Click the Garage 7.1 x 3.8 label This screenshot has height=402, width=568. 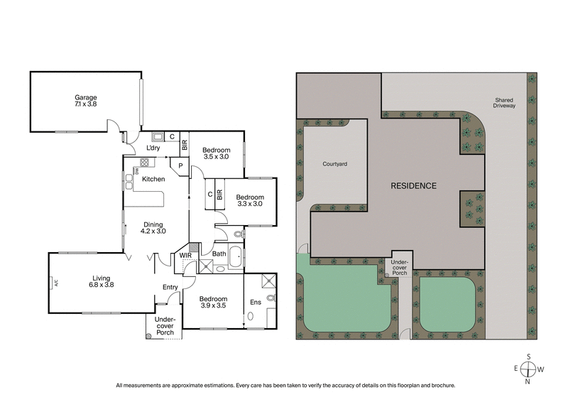86,102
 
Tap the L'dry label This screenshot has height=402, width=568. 153,148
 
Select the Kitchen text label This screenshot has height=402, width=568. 153,179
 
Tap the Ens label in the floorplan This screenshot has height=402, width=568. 256,302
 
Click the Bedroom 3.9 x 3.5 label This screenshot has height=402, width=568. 213,303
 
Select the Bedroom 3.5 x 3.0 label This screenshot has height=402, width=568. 216,154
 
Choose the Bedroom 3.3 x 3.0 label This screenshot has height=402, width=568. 249,201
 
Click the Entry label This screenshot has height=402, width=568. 170,287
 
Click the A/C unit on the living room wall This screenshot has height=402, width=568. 54,283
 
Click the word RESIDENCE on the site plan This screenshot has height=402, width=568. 414,185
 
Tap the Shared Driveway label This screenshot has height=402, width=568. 504,103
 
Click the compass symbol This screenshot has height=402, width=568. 528,369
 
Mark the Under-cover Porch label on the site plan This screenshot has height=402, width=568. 399,267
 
